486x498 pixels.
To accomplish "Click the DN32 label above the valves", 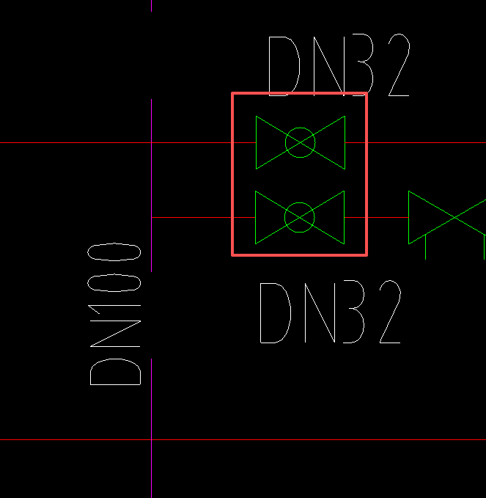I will click(338, 66).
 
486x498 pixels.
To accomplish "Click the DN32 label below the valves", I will click(331, 312).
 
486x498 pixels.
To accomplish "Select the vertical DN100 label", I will click(115, 315).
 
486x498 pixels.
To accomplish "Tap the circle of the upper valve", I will click(300, 142).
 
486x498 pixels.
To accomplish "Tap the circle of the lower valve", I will click(299, 217).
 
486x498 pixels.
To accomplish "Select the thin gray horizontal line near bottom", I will click(293, 440).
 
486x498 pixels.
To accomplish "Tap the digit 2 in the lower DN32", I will click(389, 312).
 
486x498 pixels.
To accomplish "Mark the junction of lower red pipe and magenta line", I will click(152, 217).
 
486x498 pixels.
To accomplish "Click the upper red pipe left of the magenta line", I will click(73, 142).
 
